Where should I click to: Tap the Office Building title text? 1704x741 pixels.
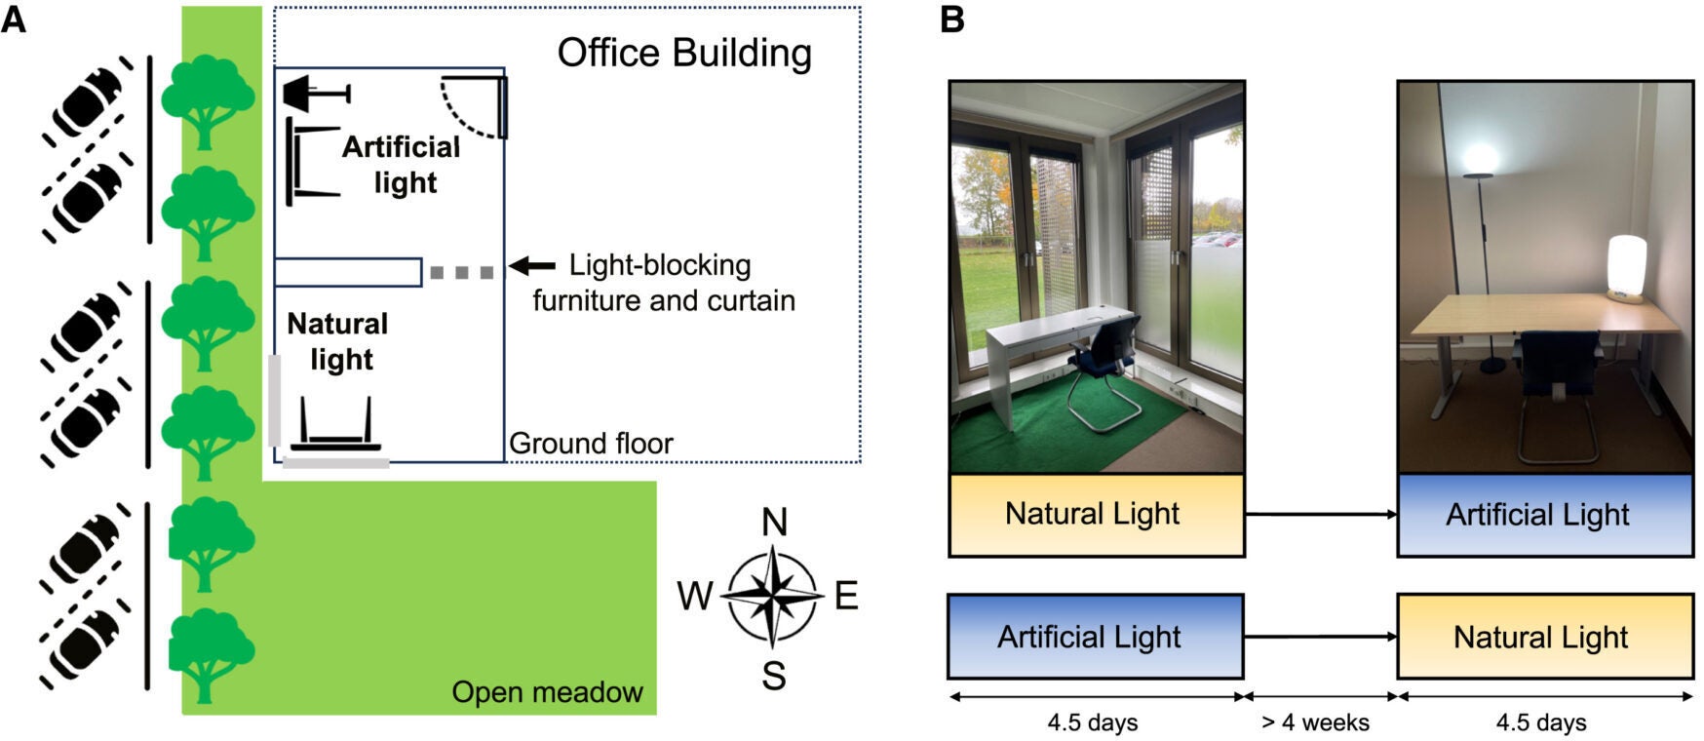click(683, 53)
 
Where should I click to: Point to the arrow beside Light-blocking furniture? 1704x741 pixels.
click(532, 265)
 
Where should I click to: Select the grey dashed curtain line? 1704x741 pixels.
click(462, 273)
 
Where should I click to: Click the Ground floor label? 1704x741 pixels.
click(591, 444)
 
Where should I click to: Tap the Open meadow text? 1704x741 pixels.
click(547, 692)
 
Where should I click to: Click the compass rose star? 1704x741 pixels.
click(772, 595)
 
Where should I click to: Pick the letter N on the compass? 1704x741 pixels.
click(774, 524)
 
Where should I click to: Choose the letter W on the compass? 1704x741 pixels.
click(695, 596)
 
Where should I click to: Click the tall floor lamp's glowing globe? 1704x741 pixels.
click(1481, 157)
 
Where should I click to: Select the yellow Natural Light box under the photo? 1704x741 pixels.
click(1096, 515)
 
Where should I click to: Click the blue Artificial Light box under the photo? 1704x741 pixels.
click(1544, 515)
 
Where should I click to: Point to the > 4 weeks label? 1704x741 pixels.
click(1315, 722)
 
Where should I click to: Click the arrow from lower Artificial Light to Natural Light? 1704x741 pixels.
click(1320, 637)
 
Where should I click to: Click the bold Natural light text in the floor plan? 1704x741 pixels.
click(338, 341)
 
